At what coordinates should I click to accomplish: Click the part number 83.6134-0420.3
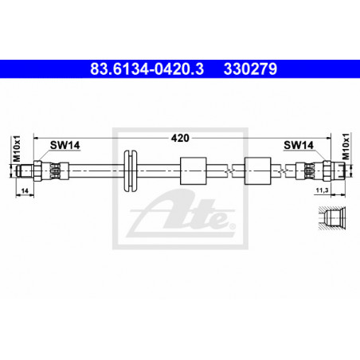click(147, 69)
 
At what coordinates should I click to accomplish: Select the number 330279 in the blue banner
click(250, 69)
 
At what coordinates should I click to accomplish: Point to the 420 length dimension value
click(180, 138)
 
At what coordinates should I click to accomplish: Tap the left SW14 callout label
click(65, 145)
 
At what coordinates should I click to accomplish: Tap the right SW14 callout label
click(299, 145)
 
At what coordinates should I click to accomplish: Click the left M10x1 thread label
click(17, 149)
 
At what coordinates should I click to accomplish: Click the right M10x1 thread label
click(346, 147)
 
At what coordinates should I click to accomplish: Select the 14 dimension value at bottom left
click(25, 190)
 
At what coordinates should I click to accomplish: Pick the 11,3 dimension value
click(322, 190)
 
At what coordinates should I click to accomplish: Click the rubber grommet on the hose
click(131, 170)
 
